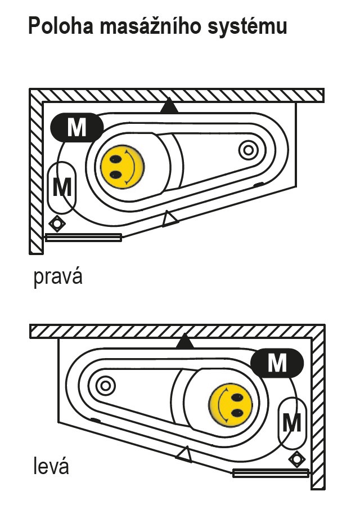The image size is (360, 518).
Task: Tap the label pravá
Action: coord(58,277)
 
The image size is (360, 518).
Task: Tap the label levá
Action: coord(51,466)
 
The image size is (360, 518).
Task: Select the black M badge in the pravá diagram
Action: coord(76,128)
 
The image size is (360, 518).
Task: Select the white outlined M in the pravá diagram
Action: coord(62,186)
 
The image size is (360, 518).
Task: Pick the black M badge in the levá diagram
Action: coord(277,363)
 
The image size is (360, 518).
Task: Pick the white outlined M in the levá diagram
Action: coord(291,422)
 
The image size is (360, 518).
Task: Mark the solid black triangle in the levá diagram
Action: coord(183,341)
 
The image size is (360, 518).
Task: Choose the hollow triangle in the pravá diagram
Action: coord(169,218)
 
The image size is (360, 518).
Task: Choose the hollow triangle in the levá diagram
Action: coord(184,454)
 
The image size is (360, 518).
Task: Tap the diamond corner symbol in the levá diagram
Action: coord(296,459)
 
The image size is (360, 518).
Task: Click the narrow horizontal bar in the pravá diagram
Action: coord(83,238)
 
